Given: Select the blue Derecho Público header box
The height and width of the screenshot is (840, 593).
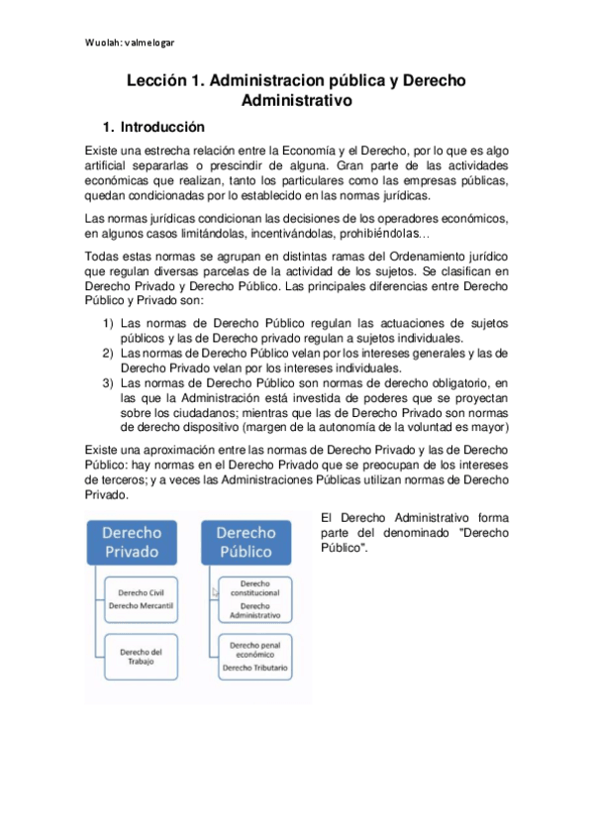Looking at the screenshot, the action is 247,541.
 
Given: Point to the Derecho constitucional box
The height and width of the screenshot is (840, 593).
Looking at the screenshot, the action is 255,599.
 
